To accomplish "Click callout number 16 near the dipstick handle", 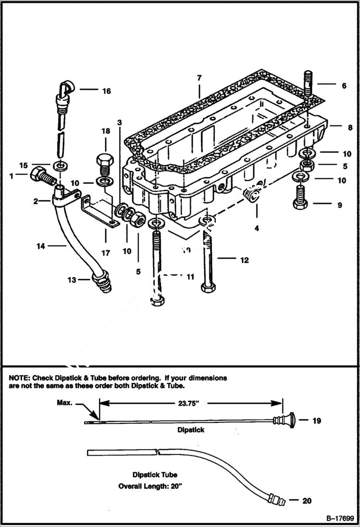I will point(105,91).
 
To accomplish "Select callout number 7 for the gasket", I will point(199,78).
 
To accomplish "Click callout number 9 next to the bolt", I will point(339,205).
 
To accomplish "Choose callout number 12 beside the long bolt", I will point(244,260).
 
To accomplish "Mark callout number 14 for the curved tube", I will point(41,246).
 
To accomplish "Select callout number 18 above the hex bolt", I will point(105,131).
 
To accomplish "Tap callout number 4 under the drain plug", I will point(257,229).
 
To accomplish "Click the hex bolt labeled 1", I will point(40,175).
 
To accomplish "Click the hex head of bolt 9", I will point(300,204).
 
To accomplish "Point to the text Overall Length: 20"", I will point(150,486).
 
